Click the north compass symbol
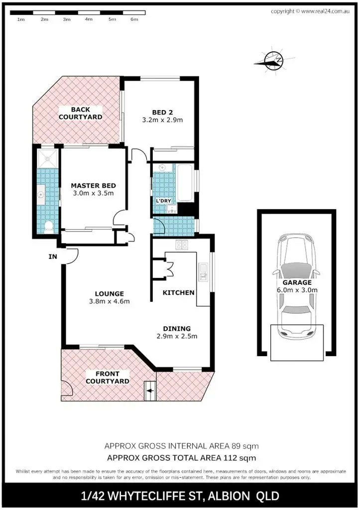[271, 61]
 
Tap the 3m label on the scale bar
[66, 19]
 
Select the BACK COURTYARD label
[80, 113]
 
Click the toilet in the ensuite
[48, 228]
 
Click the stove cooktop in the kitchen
[180, 245]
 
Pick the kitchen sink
[204, 271]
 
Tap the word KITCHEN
[179, 292]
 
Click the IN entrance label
[53, 257]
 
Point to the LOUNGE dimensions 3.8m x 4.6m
[109, 301]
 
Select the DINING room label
[177, 328]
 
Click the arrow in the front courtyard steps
[149, 391]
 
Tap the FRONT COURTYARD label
[108, 377]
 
